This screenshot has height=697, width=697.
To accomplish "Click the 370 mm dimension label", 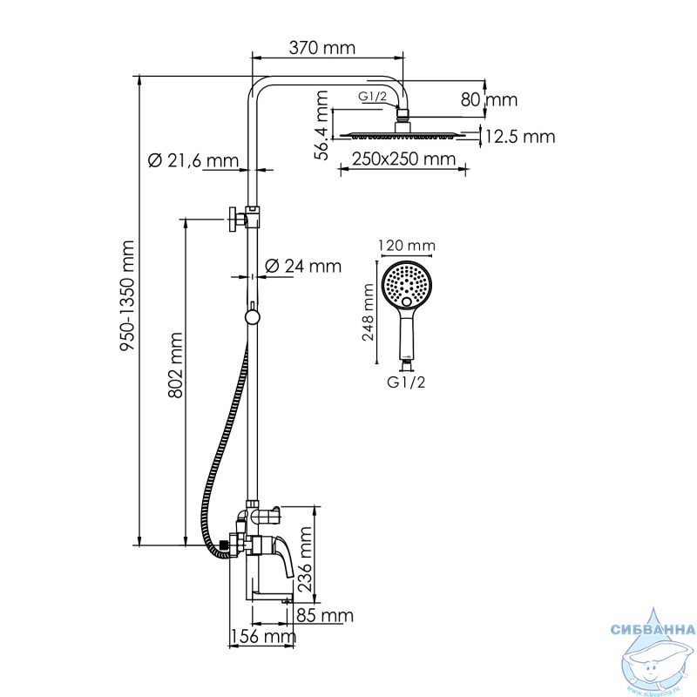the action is (322, 48).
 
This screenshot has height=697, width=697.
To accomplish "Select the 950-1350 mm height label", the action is (127, 295).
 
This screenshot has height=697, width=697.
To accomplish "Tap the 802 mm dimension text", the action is (176, 365).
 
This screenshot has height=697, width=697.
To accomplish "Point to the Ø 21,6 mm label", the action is (193, 160).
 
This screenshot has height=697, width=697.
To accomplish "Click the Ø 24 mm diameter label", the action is (303, 266).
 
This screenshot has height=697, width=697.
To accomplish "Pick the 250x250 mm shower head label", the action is (404, 159).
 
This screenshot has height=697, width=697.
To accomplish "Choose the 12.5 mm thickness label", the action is (520, 137).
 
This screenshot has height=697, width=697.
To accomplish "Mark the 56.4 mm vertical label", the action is (321, 125).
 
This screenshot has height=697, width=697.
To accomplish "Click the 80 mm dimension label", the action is (489, 99).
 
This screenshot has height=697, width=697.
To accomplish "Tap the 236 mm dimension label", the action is (306, 559).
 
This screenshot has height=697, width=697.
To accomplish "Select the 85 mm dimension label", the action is (325, 616).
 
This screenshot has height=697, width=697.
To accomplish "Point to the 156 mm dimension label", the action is (263, 636).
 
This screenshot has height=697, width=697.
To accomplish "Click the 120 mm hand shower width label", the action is (407, 246).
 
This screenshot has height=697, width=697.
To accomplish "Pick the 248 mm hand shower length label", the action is (369, 313).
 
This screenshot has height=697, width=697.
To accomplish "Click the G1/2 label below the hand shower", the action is (406, 382).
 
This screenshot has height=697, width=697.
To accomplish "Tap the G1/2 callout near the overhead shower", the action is (373, 96).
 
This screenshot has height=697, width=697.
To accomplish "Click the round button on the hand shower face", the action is (406, 302).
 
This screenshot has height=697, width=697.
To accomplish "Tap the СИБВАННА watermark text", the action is (653, 629).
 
